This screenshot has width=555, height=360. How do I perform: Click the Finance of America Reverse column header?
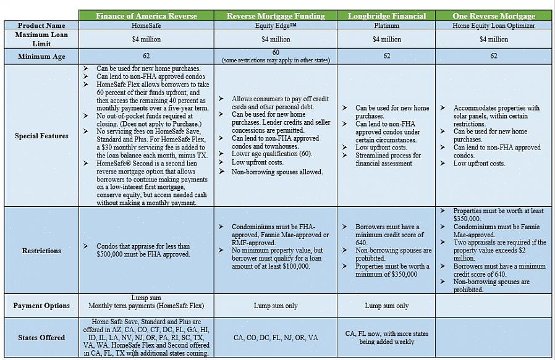(146, 15)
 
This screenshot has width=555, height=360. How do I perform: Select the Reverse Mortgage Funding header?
(276, 15)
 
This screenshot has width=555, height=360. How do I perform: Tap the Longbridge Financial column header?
(387, 15)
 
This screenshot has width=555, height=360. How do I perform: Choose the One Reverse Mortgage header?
(493, 15)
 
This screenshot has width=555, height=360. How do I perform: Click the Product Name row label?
(41, 25)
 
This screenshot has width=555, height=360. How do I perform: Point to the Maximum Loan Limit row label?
(41, 39)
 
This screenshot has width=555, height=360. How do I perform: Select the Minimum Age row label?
(41, 56)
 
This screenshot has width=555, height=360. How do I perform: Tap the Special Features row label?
(41, 136)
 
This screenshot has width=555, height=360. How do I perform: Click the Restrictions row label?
(41, 251)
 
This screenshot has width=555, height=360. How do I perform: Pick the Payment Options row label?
(41, 306)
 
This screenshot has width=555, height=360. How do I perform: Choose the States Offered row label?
(41, 338)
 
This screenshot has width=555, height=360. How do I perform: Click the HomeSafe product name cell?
(146, 26)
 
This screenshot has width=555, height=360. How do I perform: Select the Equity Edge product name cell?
(276, 26)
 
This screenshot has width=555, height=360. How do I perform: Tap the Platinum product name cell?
(387, 26)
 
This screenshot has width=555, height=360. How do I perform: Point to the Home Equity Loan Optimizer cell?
(493, 26)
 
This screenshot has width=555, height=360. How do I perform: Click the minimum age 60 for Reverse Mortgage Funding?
(276, 52)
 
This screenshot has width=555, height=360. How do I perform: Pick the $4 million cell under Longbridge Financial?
(387, 40)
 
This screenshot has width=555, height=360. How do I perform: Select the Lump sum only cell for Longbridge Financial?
(387, 306)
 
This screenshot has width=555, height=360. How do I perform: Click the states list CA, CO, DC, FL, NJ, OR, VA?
(276, 338)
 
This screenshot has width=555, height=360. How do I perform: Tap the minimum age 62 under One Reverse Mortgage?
(493, 56)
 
